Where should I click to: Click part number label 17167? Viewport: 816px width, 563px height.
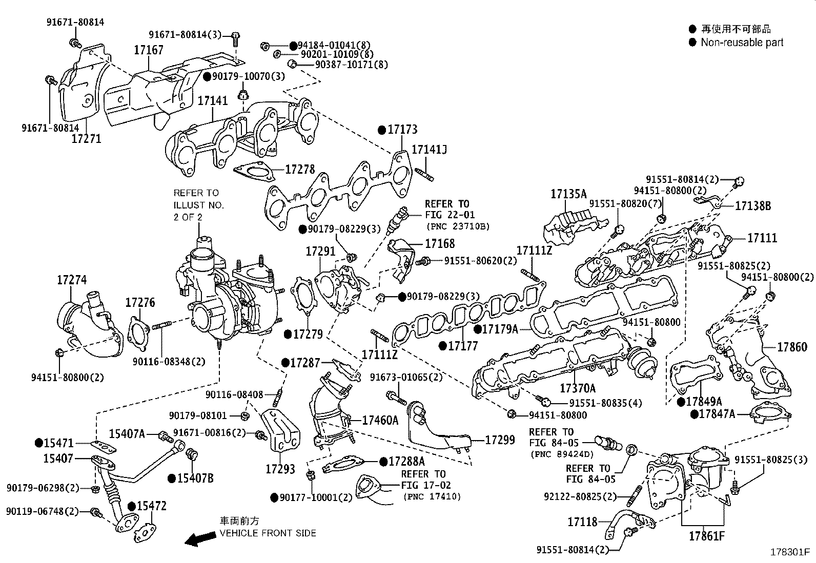coord(149,50)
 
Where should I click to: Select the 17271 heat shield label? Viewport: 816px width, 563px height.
coord(86,138)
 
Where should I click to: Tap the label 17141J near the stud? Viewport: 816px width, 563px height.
coord(430,150)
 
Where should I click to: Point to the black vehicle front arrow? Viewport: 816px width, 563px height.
coord(200,538)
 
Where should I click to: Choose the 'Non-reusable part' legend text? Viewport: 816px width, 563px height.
coord(742,43)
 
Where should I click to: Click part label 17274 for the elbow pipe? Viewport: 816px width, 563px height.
coord(72,280)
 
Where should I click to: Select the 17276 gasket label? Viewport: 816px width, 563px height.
coord(140,303)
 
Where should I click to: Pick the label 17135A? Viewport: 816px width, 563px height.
coord(568,194)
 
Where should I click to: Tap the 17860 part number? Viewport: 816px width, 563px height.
coord(792,347)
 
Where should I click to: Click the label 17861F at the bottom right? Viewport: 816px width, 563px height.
coord(707,536)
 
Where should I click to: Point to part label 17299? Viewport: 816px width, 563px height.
coord(500,440)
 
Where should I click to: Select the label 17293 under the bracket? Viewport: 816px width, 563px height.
coord(280,469)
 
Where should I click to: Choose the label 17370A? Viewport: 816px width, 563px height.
coord(578,388)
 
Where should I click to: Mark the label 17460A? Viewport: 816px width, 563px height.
coord(380,421)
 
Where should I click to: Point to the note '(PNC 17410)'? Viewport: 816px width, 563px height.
coord(432,496)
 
